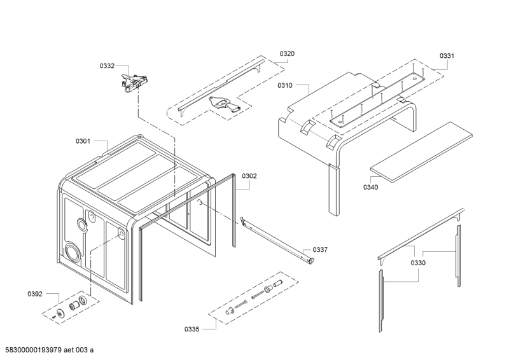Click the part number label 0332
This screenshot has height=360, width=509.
point(107,66)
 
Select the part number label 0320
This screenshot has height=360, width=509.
point(287,54)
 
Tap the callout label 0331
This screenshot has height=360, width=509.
point(446,56)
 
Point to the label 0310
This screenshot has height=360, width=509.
point(284,85)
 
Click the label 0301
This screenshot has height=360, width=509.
point(83,141)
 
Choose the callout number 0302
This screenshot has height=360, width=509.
point(249,176)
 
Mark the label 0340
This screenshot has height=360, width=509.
point(370,187)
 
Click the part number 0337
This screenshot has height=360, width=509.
point(321,250)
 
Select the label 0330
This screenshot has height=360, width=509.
point(418,263)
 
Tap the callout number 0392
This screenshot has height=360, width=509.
point(35,294)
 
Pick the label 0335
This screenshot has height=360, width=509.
point(192,329)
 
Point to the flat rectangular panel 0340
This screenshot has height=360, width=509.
point(423,149)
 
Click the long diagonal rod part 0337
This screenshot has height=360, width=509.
point(277,240)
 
